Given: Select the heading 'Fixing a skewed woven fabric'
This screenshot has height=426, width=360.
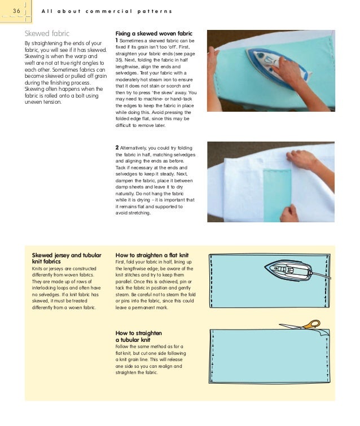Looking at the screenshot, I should point(153,33).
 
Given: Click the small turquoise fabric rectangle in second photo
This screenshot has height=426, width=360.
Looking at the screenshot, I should point(276,193).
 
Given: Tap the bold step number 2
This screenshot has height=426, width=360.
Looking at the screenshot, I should point(117,148).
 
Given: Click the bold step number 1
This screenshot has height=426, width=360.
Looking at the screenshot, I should point(117,41).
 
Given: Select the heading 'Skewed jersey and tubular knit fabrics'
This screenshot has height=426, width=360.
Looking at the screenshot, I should point(67,258).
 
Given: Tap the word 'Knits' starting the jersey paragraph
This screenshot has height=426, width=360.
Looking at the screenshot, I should point(38,269).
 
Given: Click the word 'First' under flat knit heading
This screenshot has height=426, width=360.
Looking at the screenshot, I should point(121,262).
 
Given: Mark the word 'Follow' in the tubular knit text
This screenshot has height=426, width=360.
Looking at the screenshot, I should point(124,346).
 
